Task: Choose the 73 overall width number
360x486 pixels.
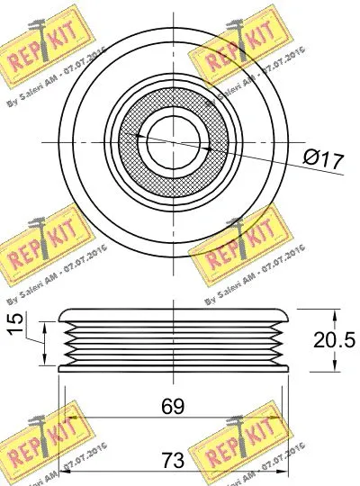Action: (x=173, y=460)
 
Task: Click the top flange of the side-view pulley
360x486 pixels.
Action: (x=172, y=315)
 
